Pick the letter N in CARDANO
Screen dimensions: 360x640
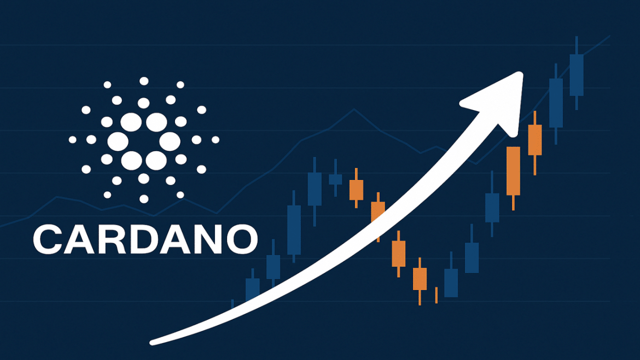210,239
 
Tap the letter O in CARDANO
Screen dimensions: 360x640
241,239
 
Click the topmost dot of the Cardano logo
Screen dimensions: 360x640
144,81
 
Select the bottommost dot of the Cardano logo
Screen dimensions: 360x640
144,199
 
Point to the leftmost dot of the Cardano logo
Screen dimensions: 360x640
73,140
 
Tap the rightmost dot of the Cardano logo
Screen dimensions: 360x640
215,140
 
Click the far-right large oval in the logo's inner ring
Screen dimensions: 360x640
169,141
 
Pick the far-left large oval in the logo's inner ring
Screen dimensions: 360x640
118,141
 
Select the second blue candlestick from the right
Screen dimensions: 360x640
556,103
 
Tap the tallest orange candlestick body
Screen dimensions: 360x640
513,171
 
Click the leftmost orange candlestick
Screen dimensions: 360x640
356,189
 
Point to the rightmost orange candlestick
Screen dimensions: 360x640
534,140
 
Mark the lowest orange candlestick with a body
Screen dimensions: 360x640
420,278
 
